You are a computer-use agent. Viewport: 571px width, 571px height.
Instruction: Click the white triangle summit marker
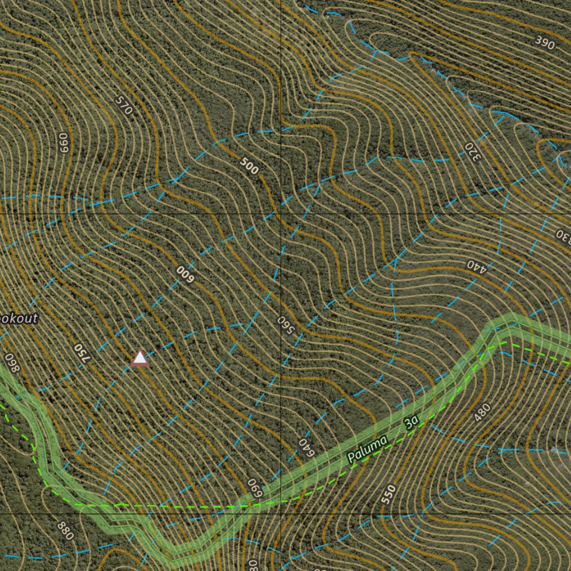[x=140, y=358]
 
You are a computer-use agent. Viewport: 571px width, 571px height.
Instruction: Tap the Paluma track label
[x=367, y=449]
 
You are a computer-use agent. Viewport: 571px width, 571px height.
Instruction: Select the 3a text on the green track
[x=412, y=423]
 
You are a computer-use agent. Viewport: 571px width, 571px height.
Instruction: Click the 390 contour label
[x=544, y=41]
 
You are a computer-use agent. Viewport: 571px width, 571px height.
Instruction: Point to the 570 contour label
[x=124, y=105]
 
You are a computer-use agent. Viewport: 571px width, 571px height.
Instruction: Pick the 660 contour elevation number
[x=63, y=143]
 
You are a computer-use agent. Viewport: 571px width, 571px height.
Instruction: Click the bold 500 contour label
[x=249, y=166]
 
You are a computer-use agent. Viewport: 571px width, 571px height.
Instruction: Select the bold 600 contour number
[x=184, y=273]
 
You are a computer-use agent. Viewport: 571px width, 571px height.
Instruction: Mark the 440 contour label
[x=477, y=265]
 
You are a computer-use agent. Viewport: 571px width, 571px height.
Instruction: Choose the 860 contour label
[x=12, y=363]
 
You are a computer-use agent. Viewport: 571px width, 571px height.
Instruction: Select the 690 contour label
[x=255, y=488]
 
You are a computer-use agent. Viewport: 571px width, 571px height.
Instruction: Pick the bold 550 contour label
[x=389, y=494]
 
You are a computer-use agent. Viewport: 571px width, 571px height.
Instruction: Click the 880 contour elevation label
[x=65, y=530]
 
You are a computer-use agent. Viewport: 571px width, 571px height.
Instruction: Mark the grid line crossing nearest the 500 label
[x=280, y=214]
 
